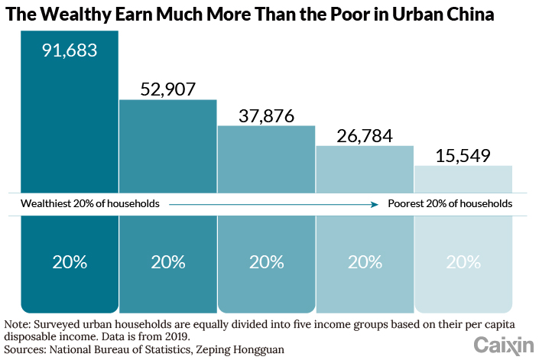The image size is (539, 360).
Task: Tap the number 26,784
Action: click(365, 136)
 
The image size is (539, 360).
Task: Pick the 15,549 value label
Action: click(463, 155)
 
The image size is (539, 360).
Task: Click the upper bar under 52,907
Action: click(168, 145)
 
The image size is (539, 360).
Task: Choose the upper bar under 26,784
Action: click(365, 169)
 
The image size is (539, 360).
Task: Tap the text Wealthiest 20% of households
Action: click(89, 204)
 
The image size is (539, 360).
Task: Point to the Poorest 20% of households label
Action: click(450, 204)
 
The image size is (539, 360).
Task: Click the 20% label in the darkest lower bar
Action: click(70, 261)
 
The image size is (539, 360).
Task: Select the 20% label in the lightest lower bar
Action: click(463, 261)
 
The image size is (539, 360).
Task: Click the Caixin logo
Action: click(502, 345)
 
